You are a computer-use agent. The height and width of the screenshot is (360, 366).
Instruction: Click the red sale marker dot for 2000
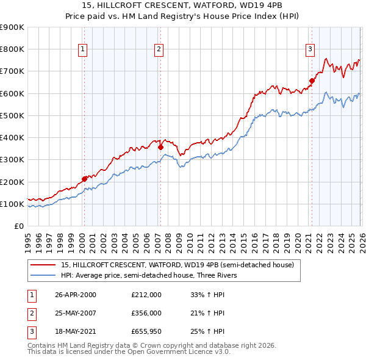tap(84, 179)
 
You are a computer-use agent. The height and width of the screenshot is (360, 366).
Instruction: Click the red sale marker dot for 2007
tap(160, 147)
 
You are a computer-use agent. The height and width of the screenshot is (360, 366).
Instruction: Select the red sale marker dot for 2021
tap(312, 81)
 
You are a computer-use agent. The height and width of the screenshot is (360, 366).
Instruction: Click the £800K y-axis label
tap(12, 49)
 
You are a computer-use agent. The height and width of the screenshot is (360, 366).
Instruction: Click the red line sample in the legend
tap(43, 265)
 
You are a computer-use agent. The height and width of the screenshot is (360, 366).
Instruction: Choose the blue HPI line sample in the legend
tap(43, 275)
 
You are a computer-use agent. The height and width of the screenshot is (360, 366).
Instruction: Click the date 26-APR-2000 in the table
tap(75, 295)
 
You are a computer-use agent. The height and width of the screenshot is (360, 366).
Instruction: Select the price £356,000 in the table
tap(146, 313)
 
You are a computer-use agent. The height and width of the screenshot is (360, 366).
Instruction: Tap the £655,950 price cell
tap(146, 331)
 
